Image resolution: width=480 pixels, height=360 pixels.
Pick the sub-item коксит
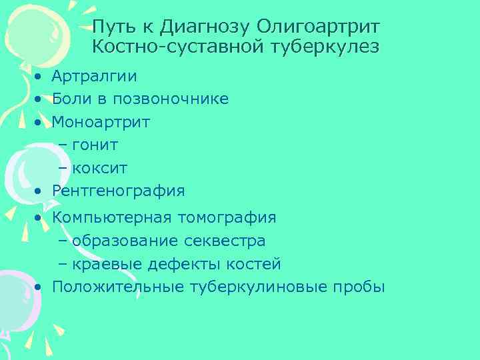(99, 168)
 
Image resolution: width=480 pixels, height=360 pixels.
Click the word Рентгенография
(118, 191)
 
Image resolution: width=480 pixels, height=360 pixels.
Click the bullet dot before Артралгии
(40, 77)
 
